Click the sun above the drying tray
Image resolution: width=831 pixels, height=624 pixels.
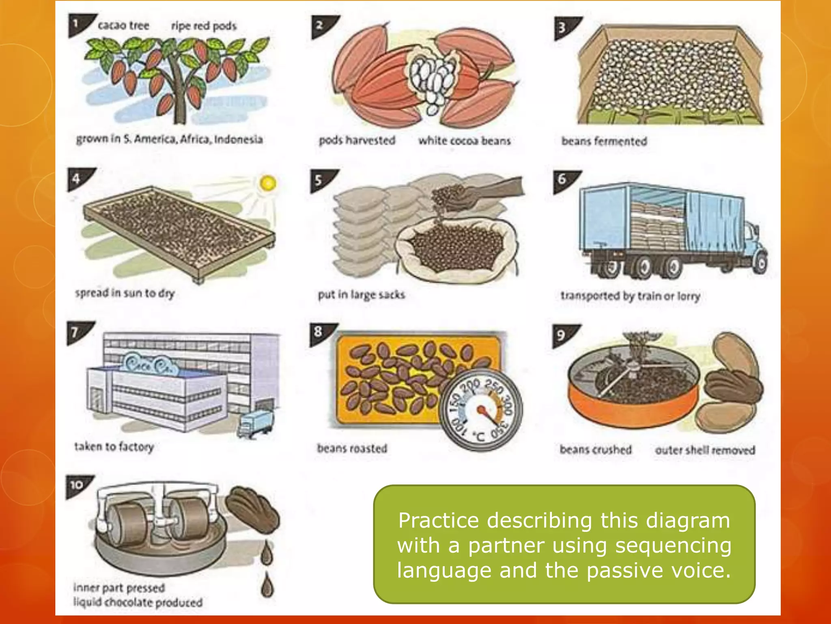click(268, 183)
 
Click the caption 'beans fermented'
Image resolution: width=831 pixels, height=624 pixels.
click(604, 141)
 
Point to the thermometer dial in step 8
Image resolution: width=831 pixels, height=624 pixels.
click(480, 411)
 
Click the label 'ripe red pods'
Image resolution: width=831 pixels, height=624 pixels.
click(204, 26)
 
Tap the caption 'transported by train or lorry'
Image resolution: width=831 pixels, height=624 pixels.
click(630, 296)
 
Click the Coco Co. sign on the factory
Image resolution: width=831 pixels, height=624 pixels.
click(150, 364)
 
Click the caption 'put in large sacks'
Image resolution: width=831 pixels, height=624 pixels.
click(361, 295)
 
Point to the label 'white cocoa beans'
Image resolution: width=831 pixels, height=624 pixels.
click(465, 141)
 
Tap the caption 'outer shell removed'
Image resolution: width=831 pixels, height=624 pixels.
click(705, 450)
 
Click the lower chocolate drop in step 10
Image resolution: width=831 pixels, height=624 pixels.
click(267, 585)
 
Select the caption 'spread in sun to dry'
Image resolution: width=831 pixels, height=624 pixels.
click(125, 293)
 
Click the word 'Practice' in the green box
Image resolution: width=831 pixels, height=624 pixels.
click(438, 520)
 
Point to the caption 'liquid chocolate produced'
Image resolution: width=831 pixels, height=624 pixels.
click(138, 602)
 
